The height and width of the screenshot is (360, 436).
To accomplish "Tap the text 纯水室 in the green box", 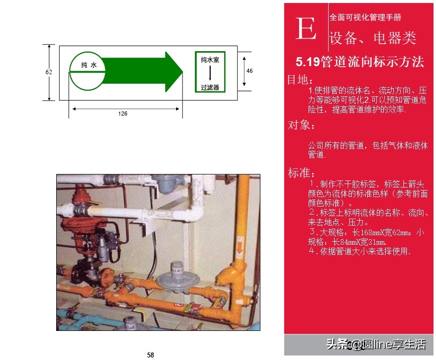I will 210,60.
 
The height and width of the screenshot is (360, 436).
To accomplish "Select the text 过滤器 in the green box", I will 210,87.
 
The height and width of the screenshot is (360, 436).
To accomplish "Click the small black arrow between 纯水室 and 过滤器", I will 210,73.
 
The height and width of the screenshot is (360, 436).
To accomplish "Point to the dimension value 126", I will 123,114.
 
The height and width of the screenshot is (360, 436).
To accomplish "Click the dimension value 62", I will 49,72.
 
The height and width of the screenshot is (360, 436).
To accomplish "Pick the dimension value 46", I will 249,71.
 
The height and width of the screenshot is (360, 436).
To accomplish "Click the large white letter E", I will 306,30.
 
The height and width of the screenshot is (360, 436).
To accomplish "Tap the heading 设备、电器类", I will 372,38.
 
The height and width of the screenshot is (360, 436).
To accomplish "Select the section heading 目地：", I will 301,80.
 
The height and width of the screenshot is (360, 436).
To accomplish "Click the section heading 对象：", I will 302,125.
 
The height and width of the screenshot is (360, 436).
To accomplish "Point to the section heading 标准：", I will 302,173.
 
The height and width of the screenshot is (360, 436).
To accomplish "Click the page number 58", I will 151,355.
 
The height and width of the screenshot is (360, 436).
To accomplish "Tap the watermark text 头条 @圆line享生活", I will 376,344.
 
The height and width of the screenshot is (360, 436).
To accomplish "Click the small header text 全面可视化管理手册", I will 365,17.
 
